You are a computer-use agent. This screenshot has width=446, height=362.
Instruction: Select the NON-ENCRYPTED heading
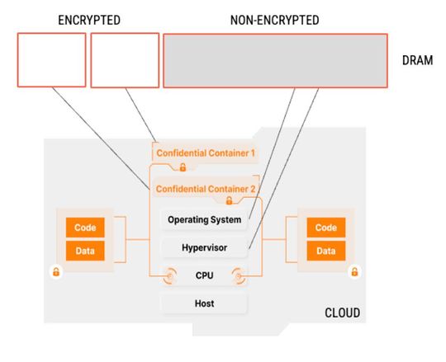[x=274, y=19]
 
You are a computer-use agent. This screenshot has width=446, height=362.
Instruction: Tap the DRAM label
[x=416, y=60]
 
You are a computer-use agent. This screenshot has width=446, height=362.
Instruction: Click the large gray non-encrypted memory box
[x=275, y=60]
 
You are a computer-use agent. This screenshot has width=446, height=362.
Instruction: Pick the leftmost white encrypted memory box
[x=51, y=60]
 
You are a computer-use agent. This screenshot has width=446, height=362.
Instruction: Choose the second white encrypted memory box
[x=124, y=60]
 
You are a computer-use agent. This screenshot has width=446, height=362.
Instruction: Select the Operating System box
[x=204, y=220]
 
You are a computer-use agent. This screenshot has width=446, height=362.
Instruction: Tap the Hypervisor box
[x=204, y=247]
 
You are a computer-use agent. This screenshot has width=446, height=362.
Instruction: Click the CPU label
[x=204, y=276]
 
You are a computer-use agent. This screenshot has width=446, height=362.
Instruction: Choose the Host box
[x=204, y=303]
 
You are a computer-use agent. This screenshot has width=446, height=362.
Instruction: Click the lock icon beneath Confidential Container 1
[x=183, y=167]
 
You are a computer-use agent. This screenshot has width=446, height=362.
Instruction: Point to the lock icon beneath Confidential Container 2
[x=229, y=200]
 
